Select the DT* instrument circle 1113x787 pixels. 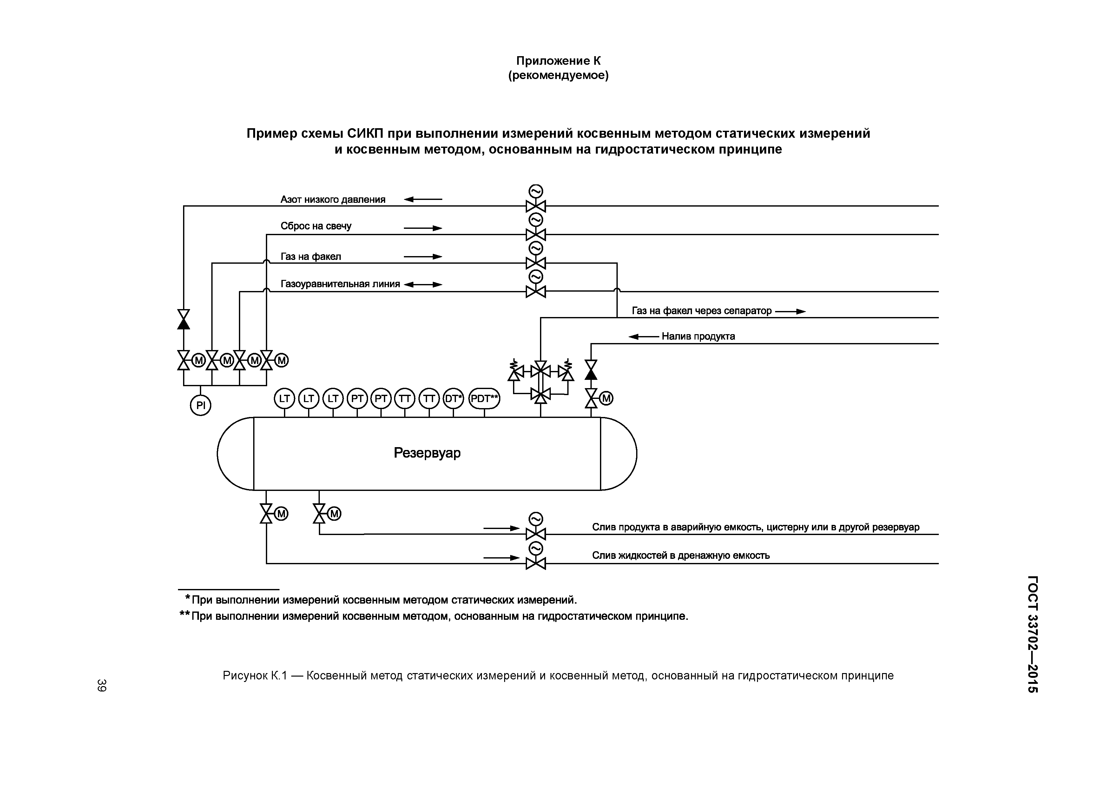[x=453, y=399]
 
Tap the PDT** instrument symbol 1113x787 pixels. [x=484, y=399]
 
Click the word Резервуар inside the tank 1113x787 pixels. [x=427, y=453]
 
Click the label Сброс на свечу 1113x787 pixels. [x=316, y=226]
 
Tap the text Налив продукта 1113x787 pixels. [x=698, y=336]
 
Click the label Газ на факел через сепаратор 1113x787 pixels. [x=701, y=311]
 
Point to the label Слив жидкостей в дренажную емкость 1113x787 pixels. [x=681, y=555]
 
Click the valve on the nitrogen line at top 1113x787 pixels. [x=536, y=206]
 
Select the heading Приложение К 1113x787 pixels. [x=558, y=61]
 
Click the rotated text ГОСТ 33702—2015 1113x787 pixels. [x=1032, y=634]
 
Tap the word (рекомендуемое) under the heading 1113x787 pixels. [x=558, y=76]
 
